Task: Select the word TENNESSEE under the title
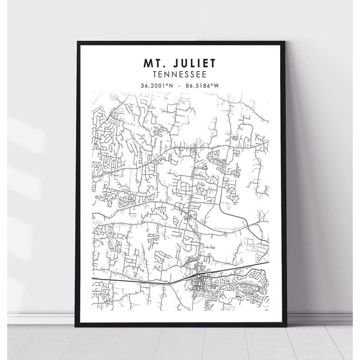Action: (x=179, y=74)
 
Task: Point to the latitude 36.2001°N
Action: (x=158, y=85)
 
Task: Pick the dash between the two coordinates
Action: (x=179, y=85)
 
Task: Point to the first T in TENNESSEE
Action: (x=155, y=74)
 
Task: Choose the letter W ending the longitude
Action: (x=217, y=85)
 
